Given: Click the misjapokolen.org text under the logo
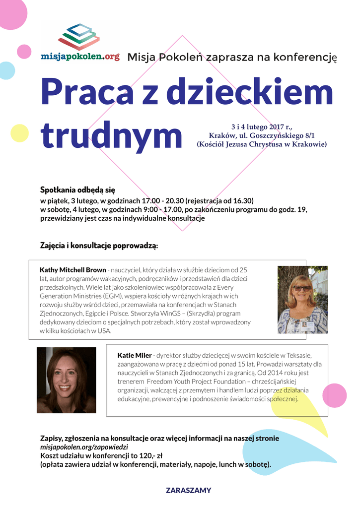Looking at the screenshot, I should pos(80,57).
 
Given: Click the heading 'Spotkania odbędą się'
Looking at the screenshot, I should pos(77,190).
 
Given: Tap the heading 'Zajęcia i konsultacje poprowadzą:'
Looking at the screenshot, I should pos(99,246).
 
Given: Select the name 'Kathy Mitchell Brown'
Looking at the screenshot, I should pos(72,270).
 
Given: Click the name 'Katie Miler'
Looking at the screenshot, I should pos(135,355).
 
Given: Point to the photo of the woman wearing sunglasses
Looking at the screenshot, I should pos(302,299).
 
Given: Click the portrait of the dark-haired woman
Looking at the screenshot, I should pos(66,380).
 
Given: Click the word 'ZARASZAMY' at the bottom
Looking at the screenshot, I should pos(188,490).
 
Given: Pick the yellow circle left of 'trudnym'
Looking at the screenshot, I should pos(19,133).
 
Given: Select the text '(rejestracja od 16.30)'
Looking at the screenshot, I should pos(219,201).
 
